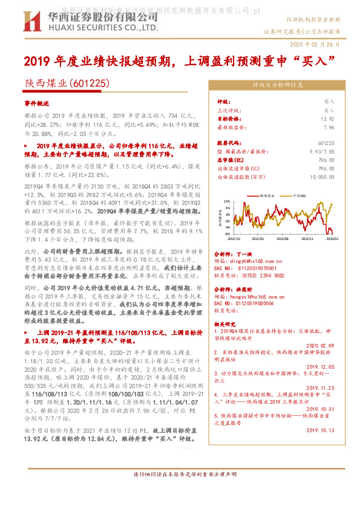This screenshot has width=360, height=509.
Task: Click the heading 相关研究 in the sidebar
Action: coord(227,325)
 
